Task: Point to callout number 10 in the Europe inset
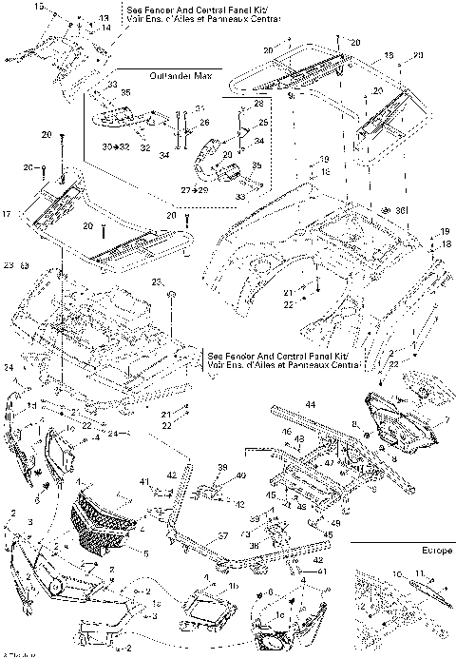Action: tap(396, 573)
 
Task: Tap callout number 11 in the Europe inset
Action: tap(417, 573)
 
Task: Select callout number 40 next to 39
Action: tap(239, 475)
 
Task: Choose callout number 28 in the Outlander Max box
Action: tap(258, 103)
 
